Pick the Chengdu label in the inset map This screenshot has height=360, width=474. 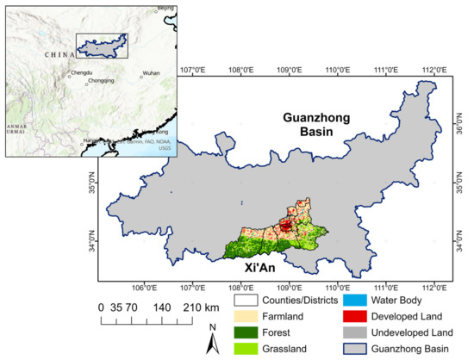[x=81, y=73]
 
